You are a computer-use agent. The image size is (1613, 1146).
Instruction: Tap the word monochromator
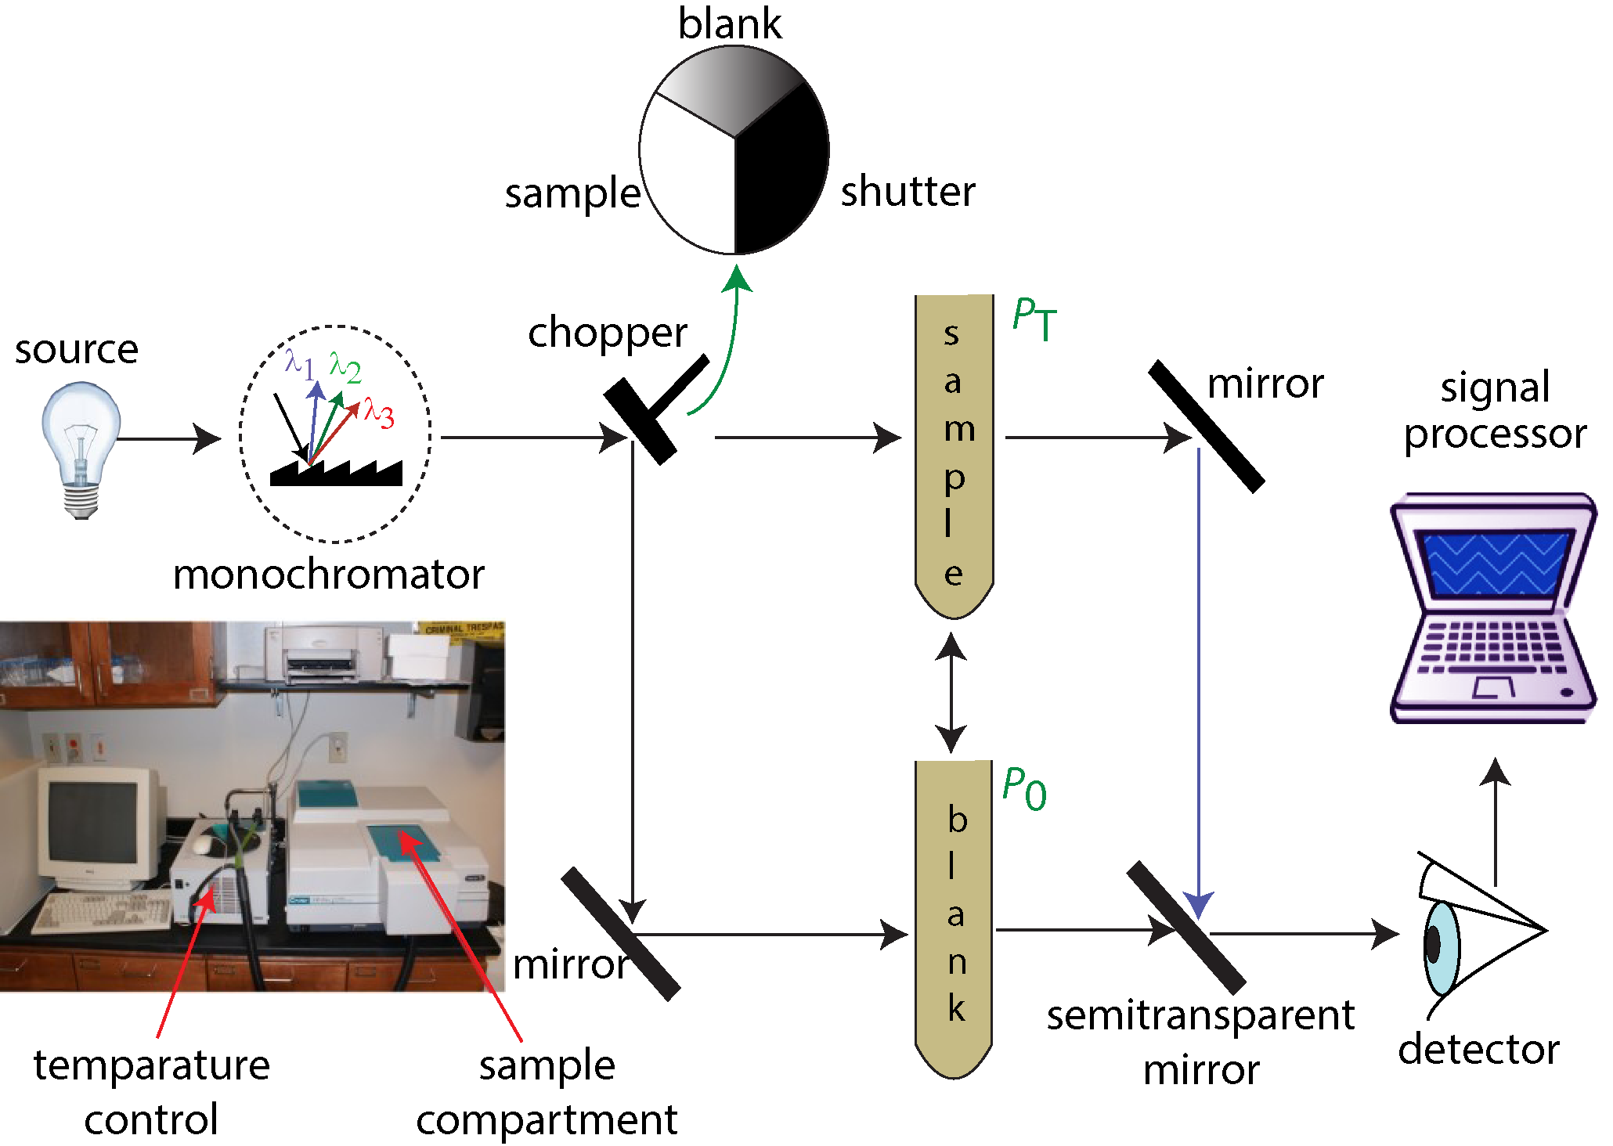click(x=329, y=575)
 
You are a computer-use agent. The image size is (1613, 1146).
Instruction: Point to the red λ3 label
click(x=380, y=412)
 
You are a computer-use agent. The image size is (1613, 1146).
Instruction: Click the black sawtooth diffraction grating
click(x=337, y=474)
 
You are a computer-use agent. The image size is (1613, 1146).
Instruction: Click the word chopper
click(x=608, y=333)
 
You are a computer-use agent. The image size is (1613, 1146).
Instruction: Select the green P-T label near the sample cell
click(x=1034, y=319)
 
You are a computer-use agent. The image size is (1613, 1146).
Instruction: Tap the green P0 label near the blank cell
click(x=1024, y=789)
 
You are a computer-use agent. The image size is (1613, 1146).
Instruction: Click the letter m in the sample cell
click(x=959, y=429)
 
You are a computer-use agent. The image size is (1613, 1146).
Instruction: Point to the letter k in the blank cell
click(x=957, y=1008)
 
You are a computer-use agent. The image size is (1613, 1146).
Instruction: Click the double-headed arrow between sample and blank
click(x=951, y=693)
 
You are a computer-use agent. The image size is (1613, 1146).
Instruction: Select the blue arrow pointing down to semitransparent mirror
click(x=1198, y=681)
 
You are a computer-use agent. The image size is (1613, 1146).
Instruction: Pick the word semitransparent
click(x=1200, y=1017)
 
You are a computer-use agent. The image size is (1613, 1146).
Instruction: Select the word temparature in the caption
click(x=152, y=1066)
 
